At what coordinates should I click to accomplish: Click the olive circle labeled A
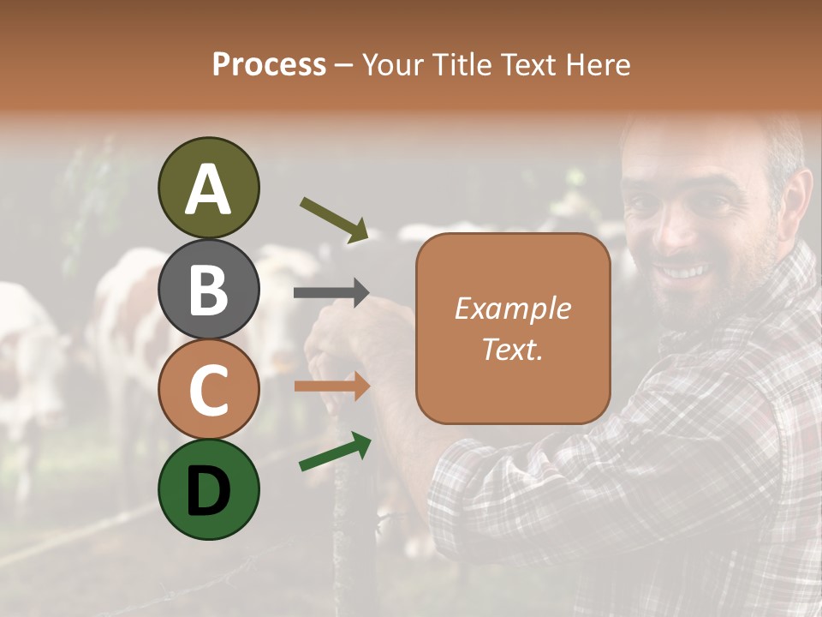(x=208, y=188)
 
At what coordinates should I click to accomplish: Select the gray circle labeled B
(x=208, y=289)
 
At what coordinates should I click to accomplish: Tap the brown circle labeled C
(x=208, y=389)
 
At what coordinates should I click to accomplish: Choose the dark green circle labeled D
(x=208, y=489)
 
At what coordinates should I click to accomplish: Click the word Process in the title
(x=269, y=64)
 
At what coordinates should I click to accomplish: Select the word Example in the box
(x=512, y=308)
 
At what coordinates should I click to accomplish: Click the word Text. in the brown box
(x=512, y=349)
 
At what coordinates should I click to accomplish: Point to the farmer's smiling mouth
(x=685, y=273)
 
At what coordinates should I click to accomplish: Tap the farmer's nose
(x=676, y=230)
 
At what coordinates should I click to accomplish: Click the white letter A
(x=208, y=189)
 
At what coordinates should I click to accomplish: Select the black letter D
(x=208, y=490)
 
